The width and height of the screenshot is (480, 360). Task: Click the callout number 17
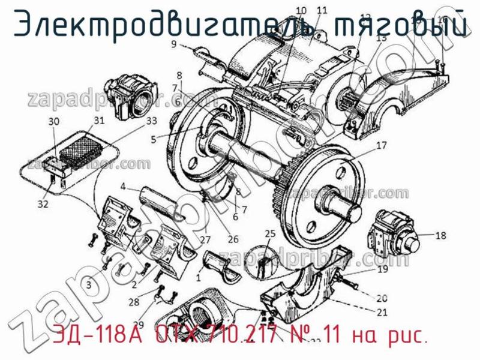click(382, 145)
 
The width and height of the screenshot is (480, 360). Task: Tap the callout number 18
click(440, 236)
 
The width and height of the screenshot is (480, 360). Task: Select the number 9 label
click(173, 44)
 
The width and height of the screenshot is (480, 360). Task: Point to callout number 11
click(322, 10)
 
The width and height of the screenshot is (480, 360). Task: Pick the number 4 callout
click(122, 187)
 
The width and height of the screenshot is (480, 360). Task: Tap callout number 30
click(54, 121)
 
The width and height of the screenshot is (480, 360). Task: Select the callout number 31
click(99, 120)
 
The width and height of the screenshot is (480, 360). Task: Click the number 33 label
click(152, 121)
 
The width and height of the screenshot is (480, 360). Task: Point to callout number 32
click(43, 205)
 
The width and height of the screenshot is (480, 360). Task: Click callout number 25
click(271, 233)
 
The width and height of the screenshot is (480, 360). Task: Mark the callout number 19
click(383, 271)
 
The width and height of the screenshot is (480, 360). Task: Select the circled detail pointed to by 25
click(263, 261)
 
